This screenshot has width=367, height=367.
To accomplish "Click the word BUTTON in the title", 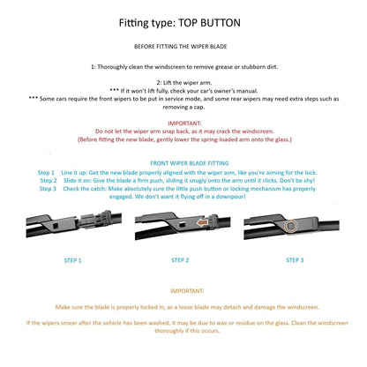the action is point(221,23).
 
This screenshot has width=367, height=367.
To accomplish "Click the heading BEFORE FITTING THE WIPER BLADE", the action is point(180,47).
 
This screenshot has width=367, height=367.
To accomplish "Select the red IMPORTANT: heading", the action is point(184,124).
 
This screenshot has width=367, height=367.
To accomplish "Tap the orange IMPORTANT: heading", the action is point(187,291).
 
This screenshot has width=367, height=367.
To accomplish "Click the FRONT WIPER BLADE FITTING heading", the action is point(190,163).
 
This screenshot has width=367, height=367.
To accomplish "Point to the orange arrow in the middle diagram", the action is point(202,222).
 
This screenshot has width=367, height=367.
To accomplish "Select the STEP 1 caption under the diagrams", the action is point(72,260).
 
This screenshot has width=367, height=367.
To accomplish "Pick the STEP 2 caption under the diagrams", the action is point(180,260).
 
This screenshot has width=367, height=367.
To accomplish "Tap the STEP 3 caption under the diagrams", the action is point(295,260).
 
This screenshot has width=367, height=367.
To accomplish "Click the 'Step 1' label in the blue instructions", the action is point(46,173).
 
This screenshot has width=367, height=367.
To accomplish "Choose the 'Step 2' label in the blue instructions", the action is point(49,181).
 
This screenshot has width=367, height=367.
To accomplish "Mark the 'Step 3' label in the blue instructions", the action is point(48,189).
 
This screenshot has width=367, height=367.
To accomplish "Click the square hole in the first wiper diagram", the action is point(56,226).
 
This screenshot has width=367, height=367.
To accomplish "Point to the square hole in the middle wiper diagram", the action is point(183,224).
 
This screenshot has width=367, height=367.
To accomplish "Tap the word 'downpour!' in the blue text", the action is point(230,197).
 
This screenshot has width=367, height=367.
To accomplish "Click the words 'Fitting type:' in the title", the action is point(147,23).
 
